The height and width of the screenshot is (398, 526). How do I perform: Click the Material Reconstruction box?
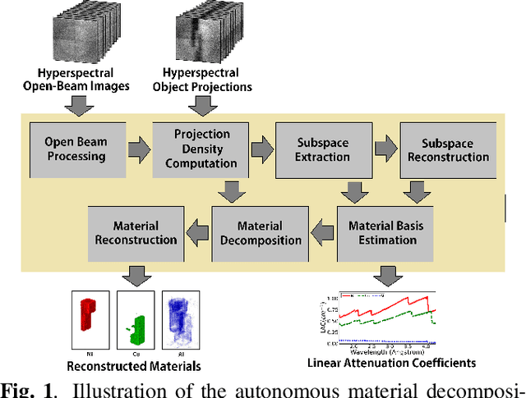pyautogui.click(x=136, y=232)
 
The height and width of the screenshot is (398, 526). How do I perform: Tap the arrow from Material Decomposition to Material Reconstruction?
pyautogui.click(x=197, y=232)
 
